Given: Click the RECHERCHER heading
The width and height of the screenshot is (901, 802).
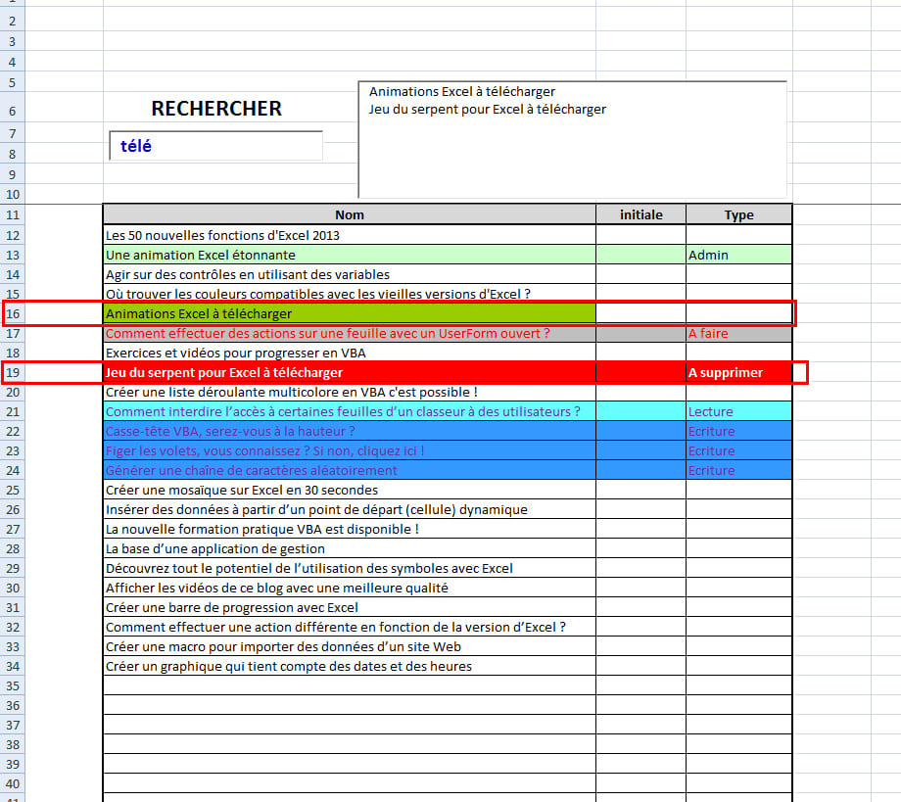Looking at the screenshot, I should (x=216, y=109).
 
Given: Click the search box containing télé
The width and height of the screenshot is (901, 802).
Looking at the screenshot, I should (x=215, y=146).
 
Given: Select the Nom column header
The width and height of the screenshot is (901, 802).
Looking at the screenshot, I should (x=349, y=214).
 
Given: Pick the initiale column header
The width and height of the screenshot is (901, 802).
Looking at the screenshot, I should (x=640, y=214).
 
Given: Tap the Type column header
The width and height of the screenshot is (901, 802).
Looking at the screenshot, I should (x=738, y=214).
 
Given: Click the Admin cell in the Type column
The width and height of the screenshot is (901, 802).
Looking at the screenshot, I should (x=738, y=255).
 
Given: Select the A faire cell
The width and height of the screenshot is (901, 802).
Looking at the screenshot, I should (x=738, y=333).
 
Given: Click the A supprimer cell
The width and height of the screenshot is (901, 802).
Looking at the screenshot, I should (x=738, y=372).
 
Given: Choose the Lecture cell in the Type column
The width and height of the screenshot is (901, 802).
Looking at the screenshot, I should (x=738, y=411).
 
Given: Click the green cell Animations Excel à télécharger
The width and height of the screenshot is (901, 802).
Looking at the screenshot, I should (x=349, y=313).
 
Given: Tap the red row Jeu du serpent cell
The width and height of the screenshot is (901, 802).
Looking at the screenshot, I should (x=349, y=372).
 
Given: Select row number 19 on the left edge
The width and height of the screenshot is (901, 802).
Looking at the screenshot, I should (x=13, y=372).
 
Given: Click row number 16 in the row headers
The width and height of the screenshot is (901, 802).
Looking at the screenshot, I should (x=13, y=313).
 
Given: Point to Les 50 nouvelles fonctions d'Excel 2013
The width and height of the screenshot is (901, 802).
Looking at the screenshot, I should (x=223, y=235).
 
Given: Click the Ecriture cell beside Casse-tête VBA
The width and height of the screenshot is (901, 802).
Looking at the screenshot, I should (x=738, y=431).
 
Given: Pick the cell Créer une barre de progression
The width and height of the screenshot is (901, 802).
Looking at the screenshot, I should (x=225, y=607).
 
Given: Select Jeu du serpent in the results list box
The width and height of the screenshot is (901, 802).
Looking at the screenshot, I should (x=487, y=109).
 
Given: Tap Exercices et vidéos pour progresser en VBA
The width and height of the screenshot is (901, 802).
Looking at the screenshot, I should (x=235, y=353).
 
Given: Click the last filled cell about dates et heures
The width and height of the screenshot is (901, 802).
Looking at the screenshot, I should (x=288, y=666).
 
